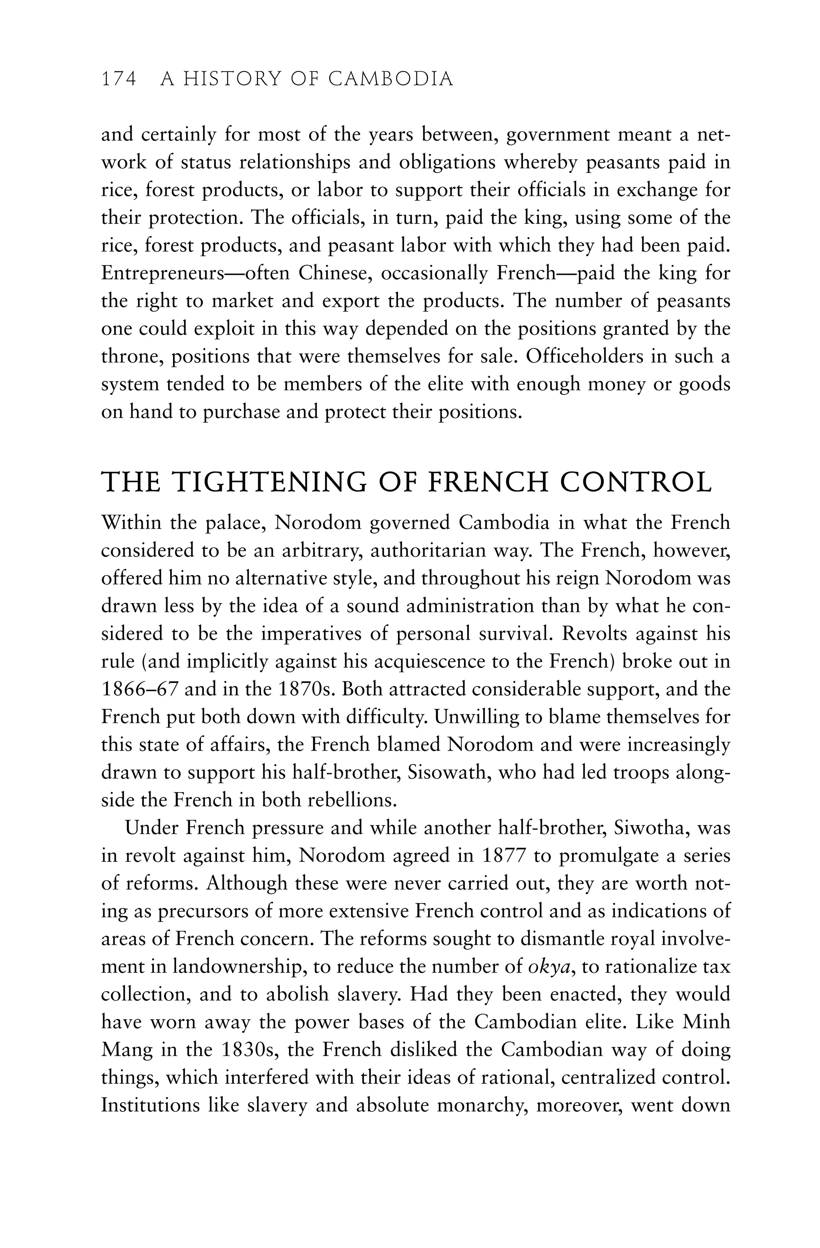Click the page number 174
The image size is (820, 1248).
pos(119,79)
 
